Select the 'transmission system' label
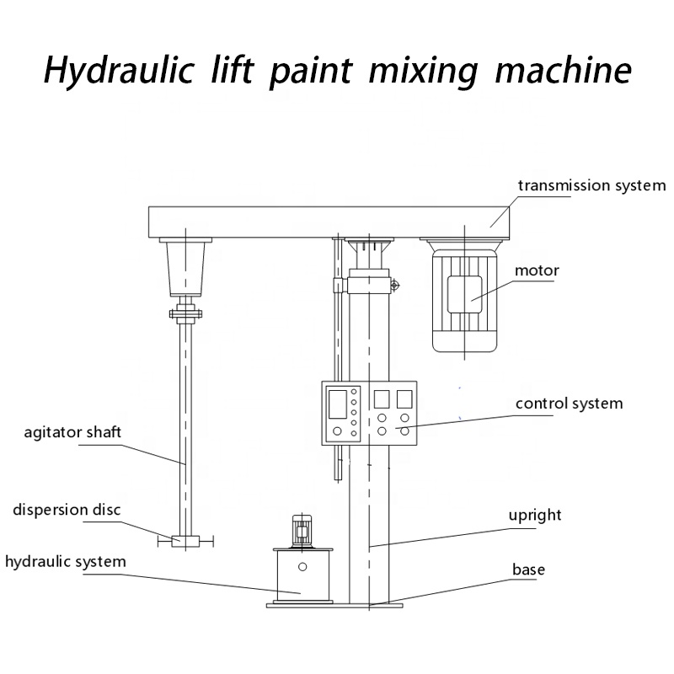point(591,185)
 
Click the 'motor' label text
point(537,270)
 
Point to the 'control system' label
point(569,404)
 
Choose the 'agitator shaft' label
point(72,432)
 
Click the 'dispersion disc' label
point(67,510)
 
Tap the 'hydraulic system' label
point(66,561)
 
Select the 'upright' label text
point(535,515)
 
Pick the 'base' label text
point(528,570)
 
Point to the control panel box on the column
point(369,413)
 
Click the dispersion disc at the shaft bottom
point(184,542)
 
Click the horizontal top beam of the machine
point(329,222)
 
